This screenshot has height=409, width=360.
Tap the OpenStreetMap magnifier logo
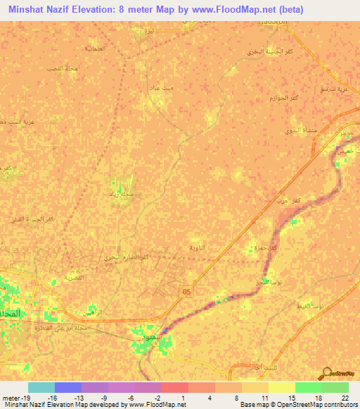327,374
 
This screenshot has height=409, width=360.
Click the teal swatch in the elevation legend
41,387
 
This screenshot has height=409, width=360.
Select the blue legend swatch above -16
68,387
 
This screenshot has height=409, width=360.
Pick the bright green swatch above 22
335,387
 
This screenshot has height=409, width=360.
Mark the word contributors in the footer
340,404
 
